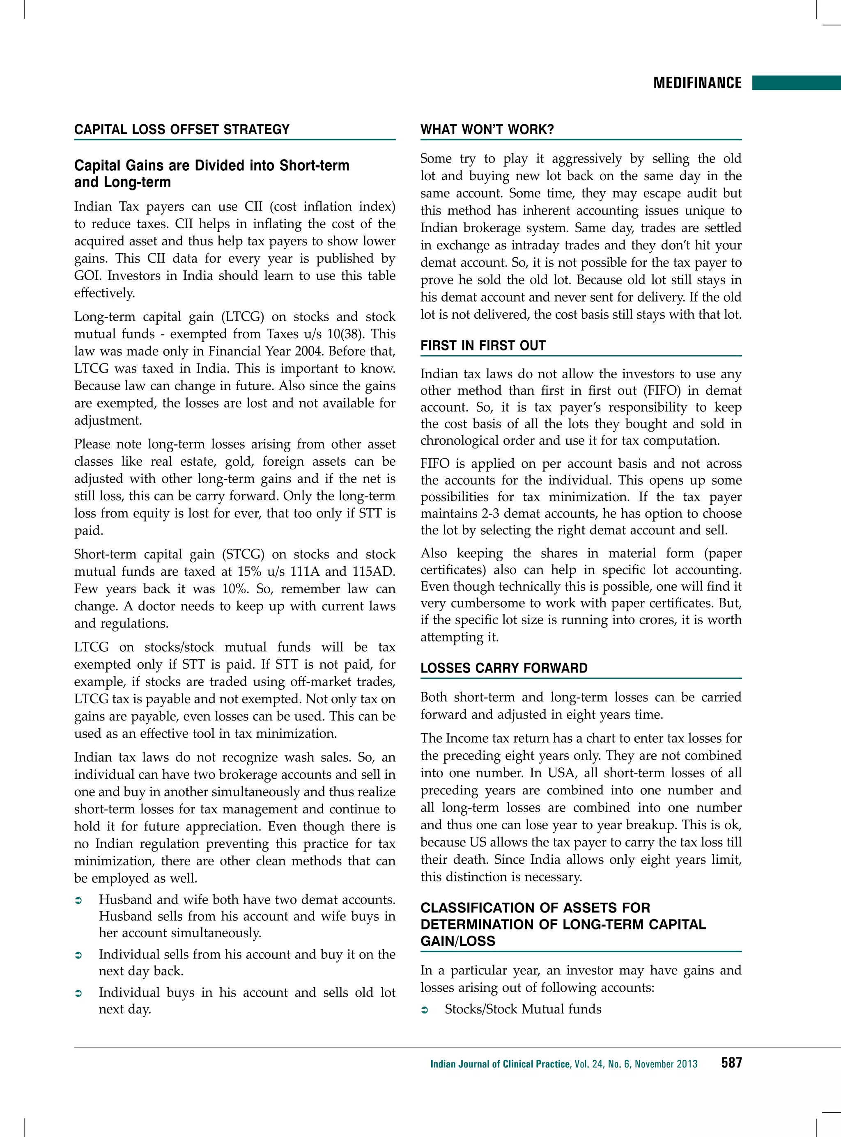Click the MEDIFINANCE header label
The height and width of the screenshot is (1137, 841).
pos(697,83)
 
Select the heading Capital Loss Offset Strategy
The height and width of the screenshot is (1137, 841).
pos(182,129)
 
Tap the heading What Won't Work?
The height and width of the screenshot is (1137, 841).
pos(487,129)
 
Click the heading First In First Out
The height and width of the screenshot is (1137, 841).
pos(483,345)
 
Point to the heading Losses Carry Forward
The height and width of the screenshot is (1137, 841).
pos(503,668)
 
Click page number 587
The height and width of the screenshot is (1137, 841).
pos(731,1063)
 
